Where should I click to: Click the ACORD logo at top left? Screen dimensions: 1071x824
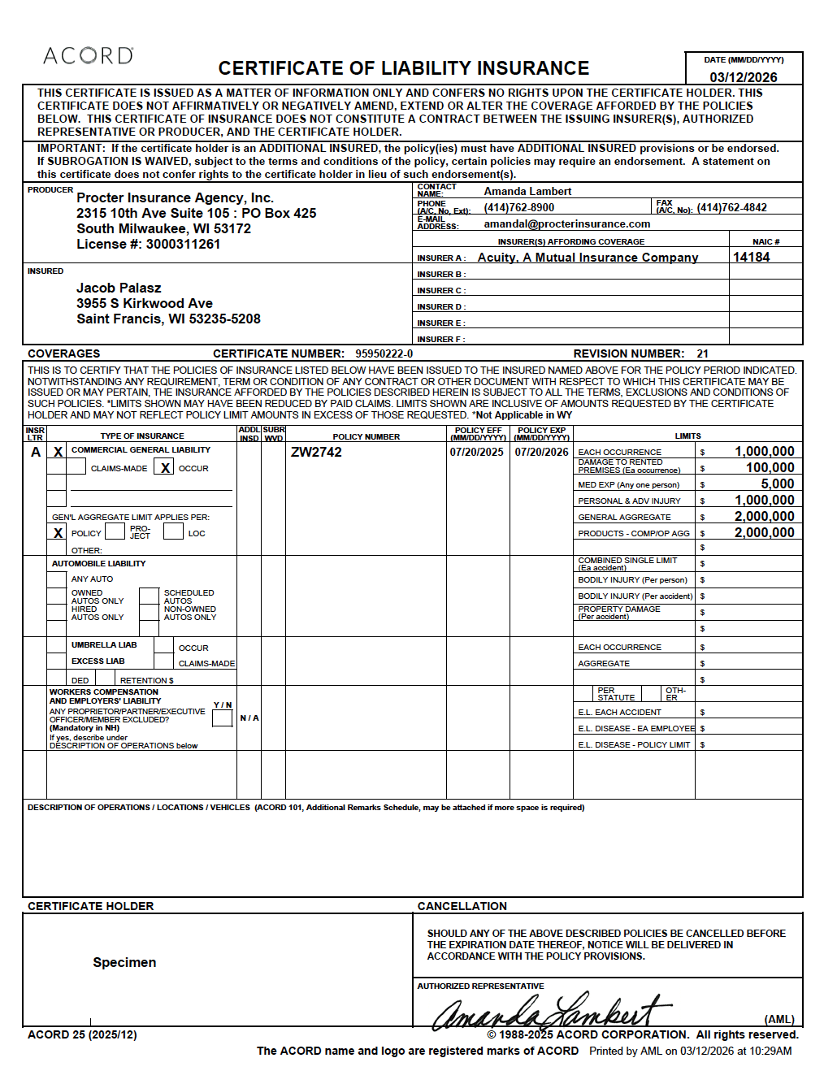coord(88,56)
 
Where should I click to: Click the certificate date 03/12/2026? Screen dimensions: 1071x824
coord(743,77)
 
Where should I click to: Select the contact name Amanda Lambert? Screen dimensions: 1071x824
coord(527,191)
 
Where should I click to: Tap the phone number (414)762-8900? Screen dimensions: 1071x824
coord(518,207)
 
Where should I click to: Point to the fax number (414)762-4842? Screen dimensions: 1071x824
coord(731,207)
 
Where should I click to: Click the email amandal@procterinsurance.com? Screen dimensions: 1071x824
coord(566,223)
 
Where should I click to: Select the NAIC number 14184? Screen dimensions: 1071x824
coord(751,257)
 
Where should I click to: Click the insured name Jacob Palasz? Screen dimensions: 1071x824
coord(119,288)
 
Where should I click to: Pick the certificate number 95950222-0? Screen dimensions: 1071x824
coord(384,353)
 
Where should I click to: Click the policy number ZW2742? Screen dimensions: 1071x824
coord(316,452)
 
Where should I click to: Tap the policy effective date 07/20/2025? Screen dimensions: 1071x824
coord(476,452)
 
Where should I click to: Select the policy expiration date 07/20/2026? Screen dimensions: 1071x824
coord(541,452)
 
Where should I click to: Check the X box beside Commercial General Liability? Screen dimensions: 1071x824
coord(57,451)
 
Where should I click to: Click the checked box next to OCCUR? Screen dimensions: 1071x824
coord(165,467)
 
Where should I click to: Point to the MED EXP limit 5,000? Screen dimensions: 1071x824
coord(777,483)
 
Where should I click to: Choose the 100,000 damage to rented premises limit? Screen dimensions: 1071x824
coord(770,467)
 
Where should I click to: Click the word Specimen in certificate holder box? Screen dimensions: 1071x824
coord(124,962)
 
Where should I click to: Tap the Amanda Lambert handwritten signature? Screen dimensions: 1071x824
coord(553,1011)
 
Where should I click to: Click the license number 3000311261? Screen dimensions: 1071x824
coord(183,244)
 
